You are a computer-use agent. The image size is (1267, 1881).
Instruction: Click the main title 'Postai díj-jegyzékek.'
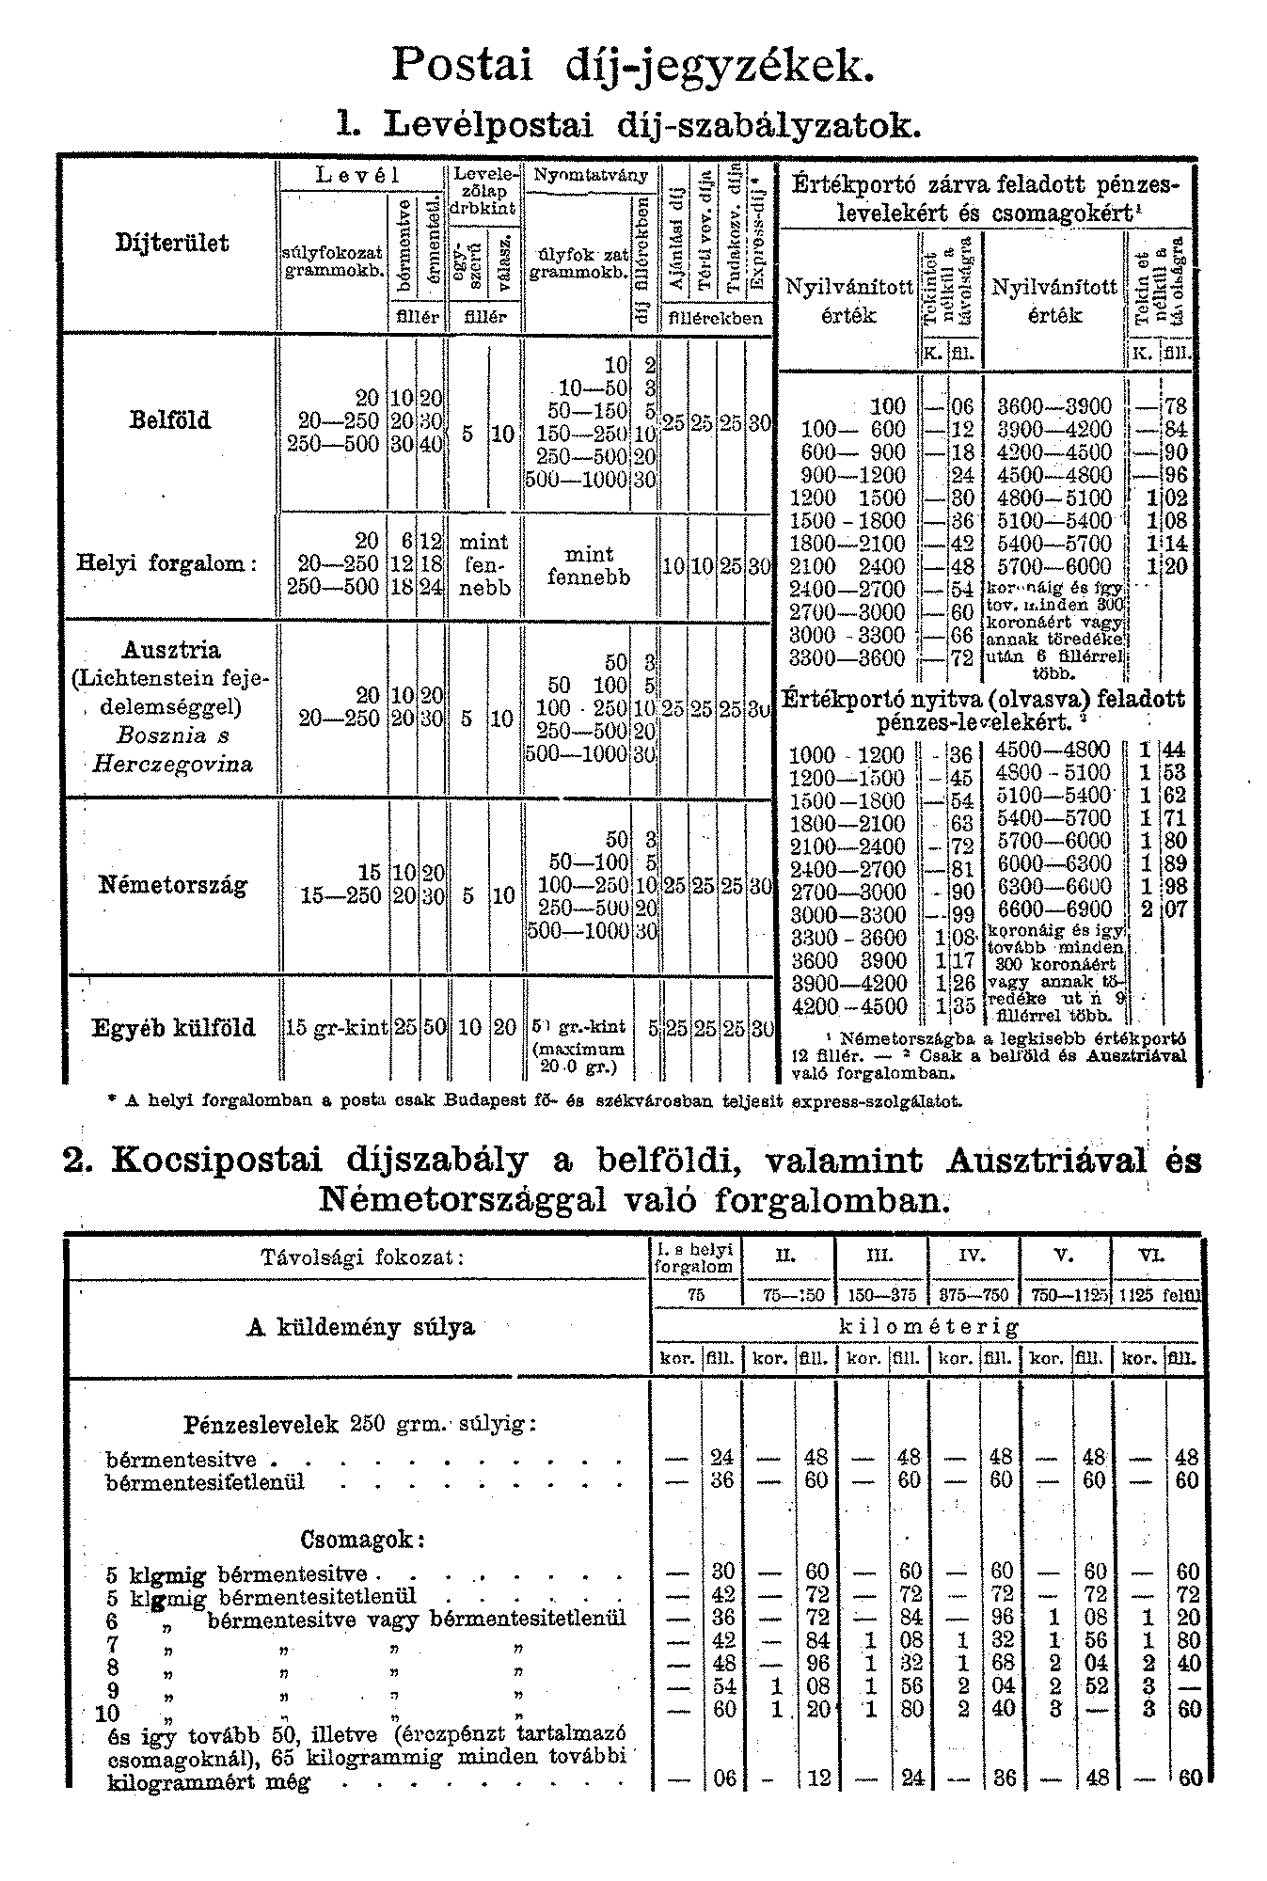click(632, 65)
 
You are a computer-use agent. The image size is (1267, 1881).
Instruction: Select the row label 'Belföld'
click(170, 419)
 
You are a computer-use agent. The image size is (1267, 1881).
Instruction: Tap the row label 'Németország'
click(173, 885)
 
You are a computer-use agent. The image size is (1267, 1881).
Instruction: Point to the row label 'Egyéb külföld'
click(173, 1027)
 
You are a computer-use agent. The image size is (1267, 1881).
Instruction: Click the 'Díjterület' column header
click(172, 243)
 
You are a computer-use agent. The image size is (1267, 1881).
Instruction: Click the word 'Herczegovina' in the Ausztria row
click(172, 763)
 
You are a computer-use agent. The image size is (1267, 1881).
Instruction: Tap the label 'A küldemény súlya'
click(360, 1327)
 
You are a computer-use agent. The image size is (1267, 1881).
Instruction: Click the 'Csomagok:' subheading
click(363, 1541)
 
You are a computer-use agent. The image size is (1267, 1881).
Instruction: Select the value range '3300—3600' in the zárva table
click(847, 657)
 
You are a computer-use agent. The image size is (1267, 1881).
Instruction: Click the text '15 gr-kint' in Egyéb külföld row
click(337, 1028)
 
